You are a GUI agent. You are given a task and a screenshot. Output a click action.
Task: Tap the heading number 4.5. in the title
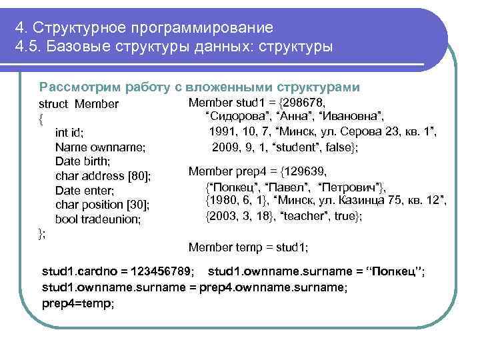pyautogui.click(x=28, y=47)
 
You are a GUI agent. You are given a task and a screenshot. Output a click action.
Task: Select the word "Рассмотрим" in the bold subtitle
pyautogui.click(x=81, y=87)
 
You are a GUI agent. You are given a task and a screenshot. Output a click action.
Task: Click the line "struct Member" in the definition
pyautogui.click(x=79, y=104)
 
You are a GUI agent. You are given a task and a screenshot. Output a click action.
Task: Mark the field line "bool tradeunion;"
pyautogui.click(x=98, y=219)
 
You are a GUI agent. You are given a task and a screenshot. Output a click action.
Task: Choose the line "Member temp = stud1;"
pyautogui.click(x=248, y=247)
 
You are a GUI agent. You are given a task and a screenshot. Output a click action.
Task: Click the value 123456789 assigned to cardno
pyautogui.click(x=161, y=272)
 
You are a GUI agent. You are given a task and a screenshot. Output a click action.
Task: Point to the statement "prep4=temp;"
pyautogui.click(x=78, y=303)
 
